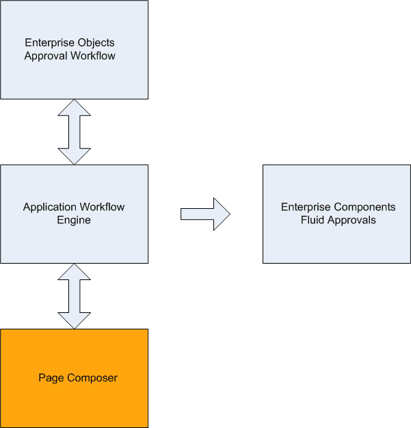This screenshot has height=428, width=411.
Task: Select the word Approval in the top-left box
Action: coord(44,56)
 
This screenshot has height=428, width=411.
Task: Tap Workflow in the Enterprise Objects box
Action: coord(91,56)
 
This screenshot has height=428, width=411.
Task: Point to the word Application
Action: coord(49,207)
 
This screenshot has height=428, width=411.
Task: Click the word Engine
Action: coord(74,221)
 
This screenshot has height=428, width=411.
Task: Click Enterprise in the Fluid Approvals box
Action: coord(306,207)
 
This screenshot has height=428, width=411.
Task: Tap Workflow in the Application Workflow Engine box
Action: coord(101,207)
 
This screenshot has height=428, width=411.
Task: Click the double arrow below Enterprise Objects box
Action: coord(74,131)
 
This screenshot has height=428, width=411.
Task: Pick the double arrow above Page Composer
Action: coord(74,296)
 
